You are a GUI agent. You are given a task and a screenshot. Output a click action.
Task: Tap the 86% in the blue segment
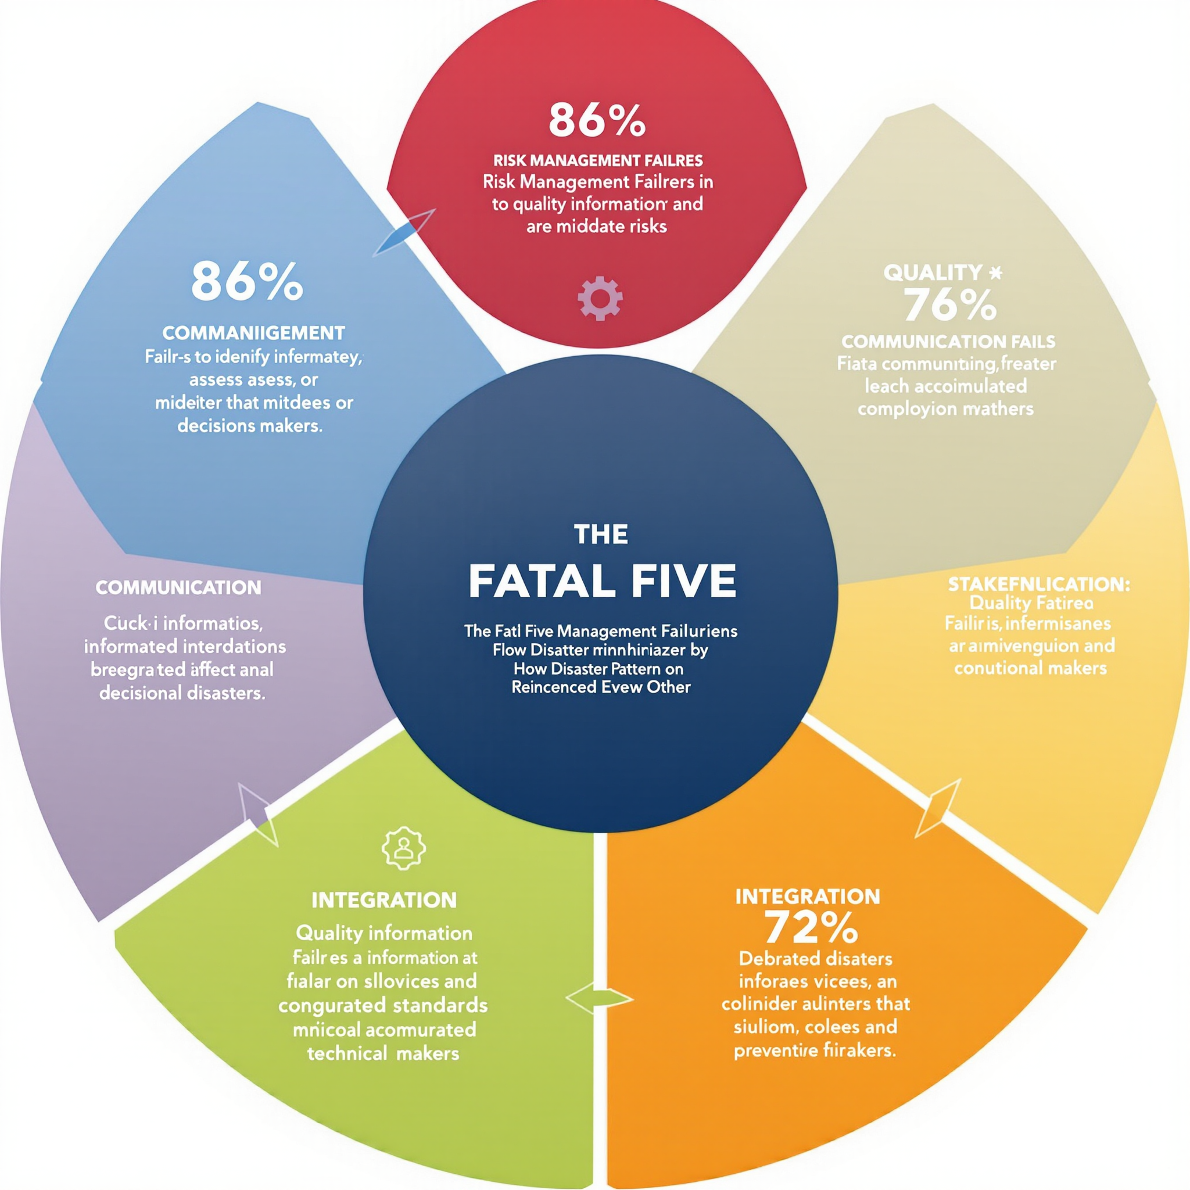(247, 282)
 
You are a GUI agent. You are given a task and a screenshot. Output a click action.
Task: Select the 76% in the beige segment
(949, 306)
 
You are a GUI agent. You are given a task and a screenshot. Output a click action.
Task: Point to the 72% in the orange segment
(811, 927)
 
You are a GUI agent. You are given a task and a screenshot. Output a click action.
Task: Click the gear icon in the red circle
(600, 298)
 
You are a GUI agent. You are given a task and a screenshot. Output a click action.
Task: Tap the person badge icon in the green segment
(403, 848)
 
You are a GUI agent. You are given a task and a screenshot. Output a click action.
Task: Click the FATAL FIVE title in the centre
(602, 580)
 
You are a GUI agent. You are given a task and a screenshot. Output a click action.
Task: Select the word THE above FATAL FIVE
(601, 534)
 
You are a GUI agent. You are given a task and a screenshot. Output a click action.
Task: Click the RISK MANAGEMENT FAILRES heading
(597, 161)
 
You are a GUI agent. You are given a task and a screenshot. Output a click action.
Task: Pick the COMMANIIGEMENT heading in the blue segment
(253, 333)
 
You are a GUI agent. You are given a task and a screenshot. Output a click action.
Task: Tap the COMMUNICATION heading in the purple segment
(178, 587)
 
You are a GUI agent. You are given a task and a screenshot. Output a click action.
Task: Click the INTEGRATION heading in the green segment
(383, 900)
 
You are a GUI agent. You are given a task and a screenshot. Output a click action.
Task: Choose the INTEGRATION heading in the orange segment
(808, 896)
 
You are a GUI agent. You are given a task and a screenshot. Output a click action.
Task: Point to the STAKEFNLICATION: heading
(1038, 584)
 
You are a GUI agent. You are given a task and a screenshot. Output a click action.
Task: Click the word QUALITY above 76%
(933, 273)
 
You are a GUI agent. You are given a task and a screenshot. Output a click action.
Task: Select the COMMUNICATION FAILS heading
(948, 341)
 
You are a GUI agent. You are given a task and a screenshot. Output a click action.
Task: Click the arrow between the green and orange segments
(598, 997)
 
